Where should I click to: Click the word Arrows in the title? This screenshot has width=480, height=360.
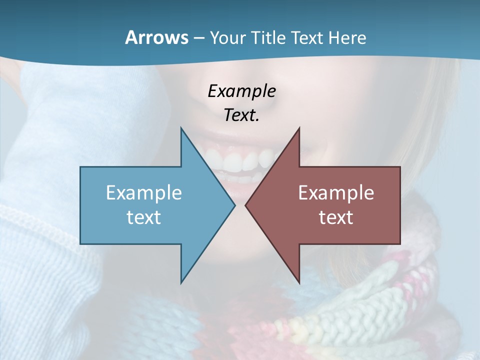(x=156, y=37)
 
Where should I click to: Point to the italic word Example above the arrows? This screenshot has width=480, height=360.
(x=241, y=91)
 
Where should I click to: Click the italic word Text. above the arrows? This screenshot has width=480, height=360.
(x=241, y=115)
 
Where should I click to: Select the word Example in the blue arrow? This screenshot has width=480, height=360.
(x=143, y=192)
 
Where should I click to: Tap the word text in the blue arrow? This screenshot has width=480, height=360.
(x=143, y=217)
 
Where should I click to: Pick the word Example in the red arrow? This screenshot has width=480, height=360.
(x=336, y=192)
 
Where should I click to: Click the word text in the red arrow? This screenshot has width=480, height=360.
(x=336, y=217)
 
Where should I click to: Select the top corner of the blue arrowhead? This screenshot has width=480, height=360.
(x=181, y=128)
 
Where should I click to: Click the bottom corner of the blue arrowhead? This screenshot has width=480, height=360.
(x=181, y=282)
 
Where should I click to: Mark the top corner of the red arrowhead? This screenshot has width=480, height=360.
(x=299, y=128)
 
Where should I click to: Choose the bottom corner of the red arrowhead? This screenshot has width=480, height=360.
(x=299, y=282)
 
